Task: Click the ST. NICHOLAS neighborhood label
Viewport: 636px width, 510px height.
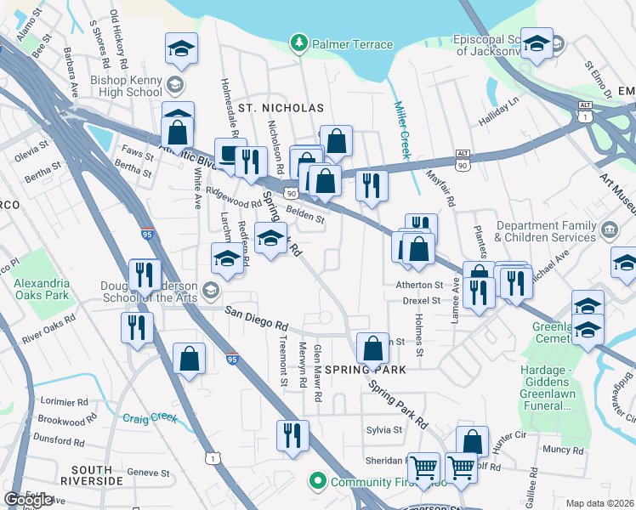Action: [x=281, y=108]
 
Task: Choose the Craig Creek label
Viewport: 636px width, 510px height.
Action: [x=149, y=417]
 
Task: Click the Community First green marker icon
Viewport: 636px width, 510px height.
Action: [x=319, y=482]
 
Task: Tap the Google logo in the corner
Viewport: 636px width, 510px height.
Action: [x=29, y=500]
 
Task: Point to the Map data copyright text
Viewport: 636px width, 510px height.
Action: [x=599, y=503]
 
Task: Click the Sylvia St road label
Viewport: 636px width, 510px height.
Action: [x=384, y=430]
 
